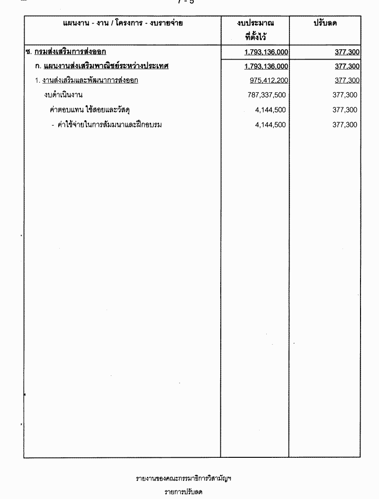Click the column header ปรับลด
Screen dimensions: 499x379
(325, 23)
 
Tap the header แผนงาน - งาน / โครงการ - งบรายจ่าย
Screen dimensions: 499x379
(123, 23)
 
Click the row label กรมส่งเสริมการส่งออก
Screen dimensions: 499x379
(70, 52)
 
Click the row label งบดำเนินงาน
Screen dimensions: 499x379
(63, 95)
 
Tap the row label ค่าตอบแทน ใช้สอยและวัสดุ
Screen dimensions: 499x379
(90, 110)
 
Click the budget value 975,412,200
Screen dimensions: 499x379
(268, 80)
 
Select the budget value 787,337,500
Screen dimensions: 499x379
(267, 95)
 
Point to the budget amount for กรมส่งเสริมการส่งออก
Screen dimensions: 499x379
(267, 52)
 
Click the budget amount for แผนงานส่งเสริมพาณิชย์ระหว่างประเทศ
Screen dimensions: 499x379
(267, 66)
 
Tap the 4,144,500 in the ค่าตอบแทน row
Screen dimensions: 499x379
(271, 110)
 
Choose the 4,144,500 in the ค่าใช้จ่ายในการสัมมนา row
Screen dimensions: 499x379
(271, 125)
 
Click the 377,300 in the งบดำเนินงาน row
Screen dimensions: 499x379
(345, 95)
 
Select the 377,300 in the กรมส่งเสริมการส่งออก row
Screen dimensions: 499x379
(347, 52)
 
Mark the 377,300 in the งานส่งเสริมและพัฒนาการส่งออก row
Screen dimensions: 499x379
(347, 80)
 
